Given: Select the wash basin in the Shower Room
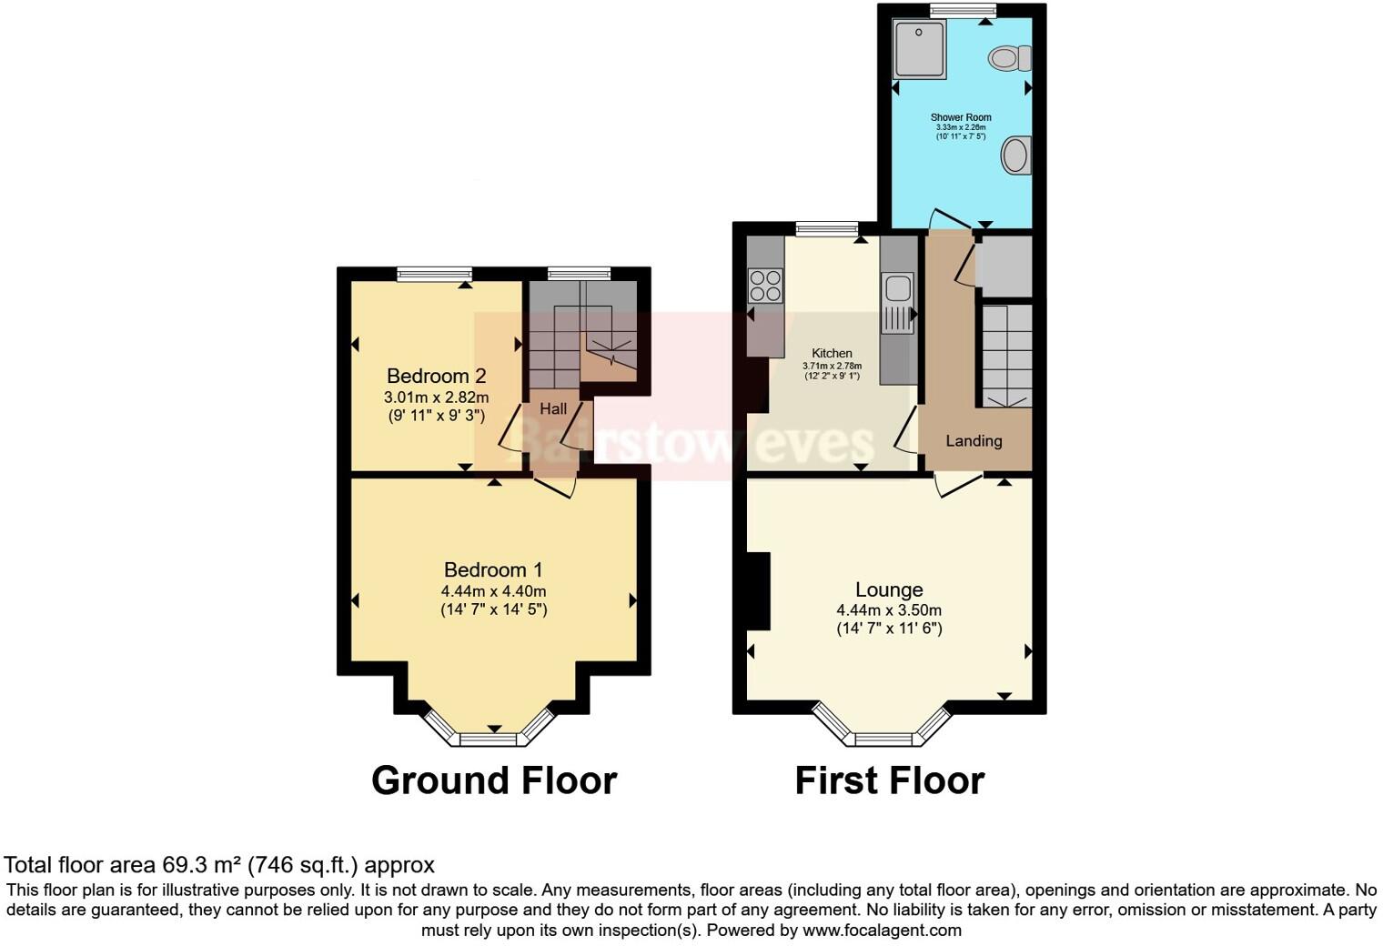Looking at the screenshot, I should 1016,156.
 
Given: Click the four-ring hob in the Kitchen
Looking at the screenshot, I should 765,285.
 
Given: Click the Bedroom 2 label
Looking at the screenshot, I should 436,376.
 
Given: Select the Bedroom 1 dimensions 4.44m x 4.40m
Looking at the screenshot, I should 493,590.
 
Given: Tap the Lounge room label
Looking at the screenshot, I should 888,589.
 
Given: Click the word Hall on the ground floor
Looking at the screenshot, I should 553,409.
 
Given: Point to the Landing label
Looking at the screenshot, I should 974,441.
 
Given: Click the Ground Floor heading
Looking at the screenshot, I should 494,780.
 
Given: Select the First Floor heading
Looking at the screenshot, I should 889,780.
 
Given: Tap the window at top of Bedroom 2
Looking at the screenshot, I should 435,273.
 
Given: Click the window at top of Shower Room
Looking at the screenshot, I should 962,10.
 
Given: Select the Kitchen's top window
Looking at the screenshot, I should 827,228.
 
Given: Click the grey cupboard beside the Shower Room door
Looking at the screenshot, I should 1004,266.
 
